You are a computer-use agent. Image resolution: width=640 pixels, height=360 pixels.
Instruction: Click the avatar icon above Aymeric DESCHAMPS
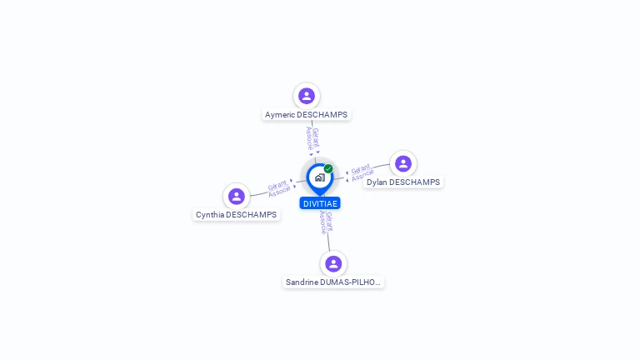pos(307,96)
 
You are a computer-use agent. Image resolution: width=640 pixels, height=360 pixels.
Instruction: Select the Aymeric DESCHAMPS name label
pos(306,115)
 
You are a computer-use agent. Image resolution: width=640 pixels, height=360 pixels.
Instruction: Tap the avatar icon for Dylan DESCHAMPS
pos(403,163)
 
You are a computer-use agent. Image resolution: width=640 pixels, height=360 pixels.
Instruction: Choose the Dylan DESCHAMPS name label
pos(403,182)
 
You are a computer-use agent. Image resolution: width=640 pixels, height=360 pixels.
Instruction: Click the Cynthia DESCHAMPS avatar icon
pos(237,197)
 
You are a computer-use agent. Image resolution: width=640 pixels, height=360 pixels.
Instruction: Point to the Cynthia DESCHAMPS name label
pos(236,215)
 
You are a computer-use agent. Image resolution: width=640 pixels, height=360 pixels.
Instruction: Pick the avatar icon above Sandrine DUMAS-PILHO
pos(333,263)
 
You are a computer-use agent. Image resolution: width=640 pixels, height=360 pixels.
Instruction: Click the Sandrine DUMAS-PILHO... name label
pos(333,282)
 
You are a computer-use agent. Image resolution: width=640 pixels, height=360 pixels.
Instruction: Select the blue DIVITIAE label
pos(320,203)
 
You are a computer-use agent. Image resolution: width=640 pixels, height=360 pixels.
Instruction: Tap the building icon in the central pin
pos(319,177)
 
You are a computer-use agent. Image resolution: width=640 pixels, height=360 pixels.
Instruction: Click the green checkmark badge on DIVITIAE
pos(328,168)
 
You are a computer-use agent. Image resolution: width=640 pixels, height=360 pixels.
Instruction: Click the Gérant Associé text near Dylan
pos(362,172)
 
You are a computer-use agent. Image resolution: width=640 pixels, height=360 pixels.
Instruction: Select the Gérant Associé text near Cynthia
pos(278,188)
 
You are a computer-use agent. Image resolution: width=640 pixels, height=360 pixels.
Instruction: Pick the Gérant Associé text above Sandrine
pos(326,222)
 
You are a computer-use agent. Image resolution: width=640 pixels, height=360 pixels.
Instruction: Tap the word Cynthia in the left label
pos(210,215)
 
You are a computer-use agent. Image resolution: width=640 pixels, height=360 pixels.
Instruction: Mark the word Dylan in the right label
pos(377,182)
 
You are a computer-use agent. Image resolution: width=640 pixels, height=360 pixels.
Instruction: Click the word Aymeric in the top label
pos(280,115)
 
